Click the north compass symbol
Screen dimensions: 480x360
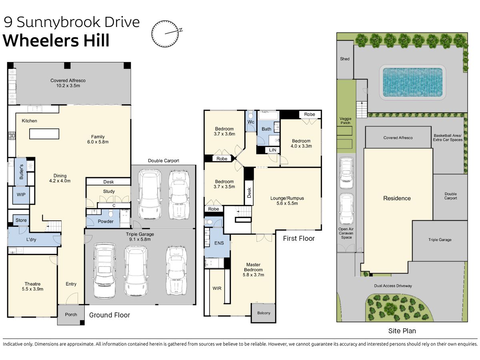click(x=165, y=34)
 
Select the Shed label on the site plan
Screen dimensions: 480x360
click(x=345, y=59)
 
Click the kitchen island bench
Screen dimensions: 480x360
click(x=44, y=134)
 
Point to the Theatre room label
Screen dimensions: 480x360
click(x=32, y=284)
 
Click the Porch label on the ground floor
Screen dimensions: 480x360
click(x=71, y=314)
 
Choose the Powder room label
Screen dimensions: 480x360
click(x=106, y=222)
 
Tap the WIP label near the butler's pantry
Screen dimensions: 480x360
click(x=21, y=194)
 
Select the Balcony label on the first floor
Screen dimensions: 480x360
click(x=264, y=313)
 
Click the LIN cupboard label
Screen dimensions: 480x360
click(x=272, y=150)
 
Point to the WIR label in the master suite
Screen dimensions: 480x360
click(x=217, y=288)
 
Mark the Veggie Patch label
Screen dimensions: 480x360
click(x=346, y=121)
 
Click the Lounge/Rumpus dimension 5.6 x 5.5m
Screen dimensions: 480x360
click(x=287, y=203)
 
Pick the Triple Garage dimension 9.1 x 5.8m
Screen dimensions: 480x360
click(x=140, y=239)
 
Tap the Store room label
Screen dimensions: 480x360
click(x=21, y=220)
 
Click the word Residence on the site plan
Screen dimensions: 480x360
click(x=397, y=198)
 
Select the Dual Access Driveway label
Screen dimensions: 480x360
click(x=393, y=286)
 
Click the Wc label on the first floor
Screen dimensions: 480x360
click(x=251, y=122)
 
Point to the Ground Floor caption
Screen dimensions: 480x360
click(x=110, y=315)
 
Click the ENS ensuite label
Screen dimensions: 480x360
click(x=219, y=243)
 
